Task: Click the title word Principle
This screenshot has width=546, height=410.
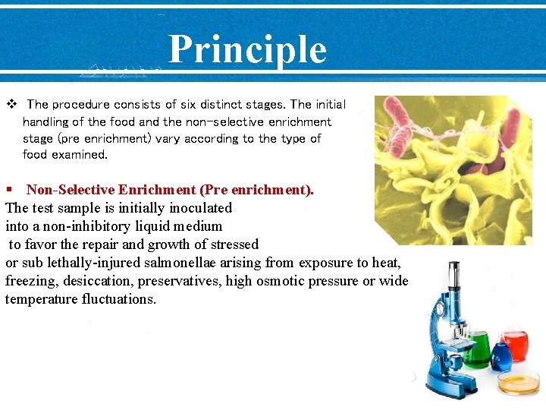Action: [247, 49]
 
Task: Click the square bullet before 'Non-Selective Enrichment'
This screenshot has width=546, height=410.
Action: [9, 190]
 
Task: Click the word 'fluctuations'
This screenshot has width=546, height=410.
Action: [115, 299]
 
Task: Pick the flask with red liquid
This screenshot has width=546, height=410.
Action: [516, 345]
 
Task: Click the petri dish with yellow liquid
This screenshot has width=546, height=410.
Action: [519, 383]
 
